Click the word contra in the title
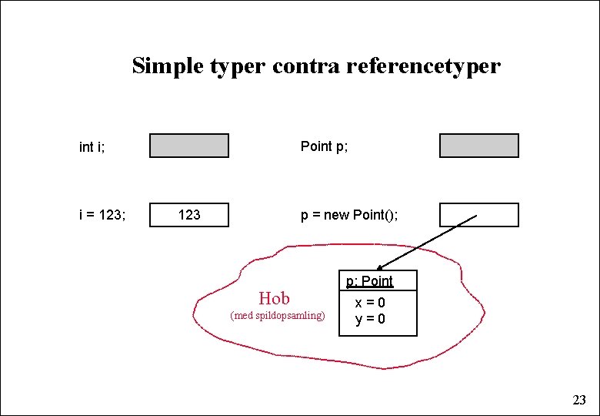(x=307, y=66)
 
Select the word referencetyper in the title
(x=423, y=66)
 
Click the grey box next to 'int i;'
(x=189, y=146)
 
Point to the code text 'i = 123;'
(x=102, y=215)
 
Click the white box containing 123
(x=189, y=215)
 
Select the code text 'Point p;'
(x=324, y=146)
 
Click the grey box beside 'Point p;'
(x=479, y=146)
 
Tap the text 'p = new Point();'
(x=349, y=215)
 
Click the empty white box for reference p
(x=479, y=215)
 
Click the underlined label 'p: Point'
(x=369, y=281)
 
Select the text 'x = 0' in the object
(x=370, y=304)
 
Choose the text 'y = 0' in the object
(x=370, y=319)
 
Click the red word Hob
(x=274, y=298)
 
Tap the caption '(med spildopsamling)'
(x=278, y=316)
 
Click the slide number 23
(x=579, y=400)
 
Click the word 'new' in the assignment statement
(x=336, y=215)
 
